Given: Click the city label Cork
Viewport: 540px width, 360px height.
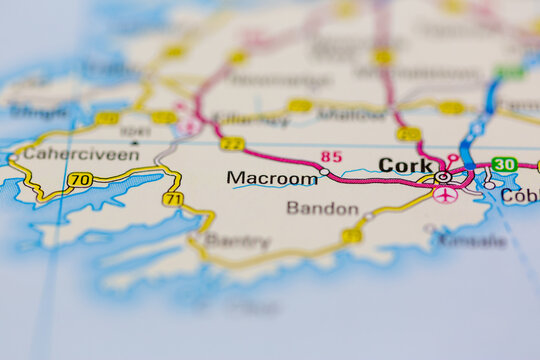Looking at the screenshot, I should (x=405, y=165).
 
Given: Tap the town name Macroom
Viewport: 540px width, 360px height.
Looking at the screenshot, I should (x=271, y=178).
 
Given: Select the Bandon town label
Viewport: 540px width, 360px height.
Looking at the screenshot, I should (x=322, y=208).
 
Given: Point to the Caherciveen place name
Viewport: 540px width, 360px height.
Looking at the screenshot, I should (x=66, y=154).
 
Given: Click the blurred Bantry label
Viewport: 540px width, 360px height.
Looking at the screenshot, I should (x=237, y=241).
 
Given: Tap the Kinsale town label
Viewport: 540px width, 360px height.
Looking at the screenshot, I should (x=470, y=241).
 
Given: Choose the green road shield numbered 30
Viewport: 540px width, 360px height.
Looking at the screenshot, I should (x=504, y=165).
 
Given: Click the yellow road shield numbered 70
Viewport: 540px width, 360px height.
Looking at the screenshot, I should (x=80, y=180).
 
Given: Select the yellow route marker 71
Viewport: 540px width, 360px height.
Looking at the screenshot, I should (x=172, y=199).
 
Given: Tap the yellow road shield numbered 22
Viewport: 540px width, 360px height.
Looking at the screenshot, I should (x=232, y=144).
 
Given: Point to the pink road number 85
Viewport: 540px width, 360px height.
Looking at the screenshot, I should (x=331, y=156).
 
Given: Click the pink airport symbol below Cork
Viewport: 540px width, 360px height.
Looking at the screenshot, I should (x=445, y=194).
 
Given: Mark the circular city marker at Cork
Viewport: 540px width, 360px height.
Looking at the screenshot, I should (x=443, y=177).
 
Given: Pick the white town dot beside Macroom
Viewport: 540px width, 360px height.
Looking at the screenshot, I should (x=323, y=173).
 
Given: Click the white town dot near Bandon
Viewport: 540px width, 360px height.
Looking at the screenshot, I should (x=368, y=215).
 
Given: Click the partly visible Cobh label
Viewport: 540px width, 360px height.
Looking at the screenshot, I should (x=519, y=196).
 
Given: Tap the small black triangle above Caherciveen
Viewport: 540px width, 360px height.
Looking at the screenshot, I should (x=134, y=142).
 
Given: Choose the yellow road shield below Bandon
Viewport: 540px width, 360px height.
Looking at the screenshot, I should (x=351, y=236).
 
